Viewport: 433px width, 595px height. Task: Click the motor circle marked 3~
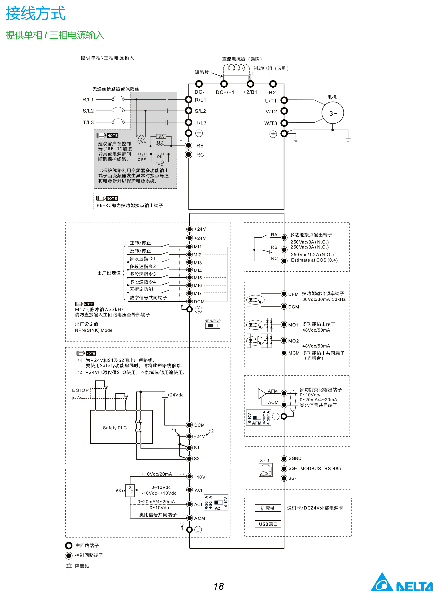pos(333,113)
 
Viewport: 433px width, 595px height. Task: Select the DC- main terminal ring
pos(199,84)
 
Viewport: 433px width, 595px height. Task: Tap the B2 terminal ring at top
pos(273,84)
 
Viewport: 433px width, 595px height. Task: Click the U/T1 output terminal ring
pos(284,100)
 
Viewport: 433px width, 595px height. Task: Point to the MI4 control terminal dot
pos(189,270)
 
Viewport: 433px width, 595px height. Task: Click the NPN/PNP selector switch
pos(212,326)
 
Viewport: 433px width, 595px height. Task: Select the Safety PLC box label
pos(115,428)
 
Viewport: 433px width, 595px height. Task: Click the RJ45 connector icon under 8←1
pos(265,470)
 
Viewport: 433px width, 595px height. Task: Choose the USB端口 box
pos(268,524)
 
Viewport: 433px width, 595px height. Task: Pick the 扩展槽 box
pos(268,508)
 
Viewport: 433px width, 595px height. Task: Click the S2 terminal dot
pos(189,458)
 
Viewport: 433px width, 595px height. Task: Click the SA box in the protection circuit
pos(161,136)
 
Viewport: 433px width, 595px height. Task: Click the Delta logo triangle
pos(382,583)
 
